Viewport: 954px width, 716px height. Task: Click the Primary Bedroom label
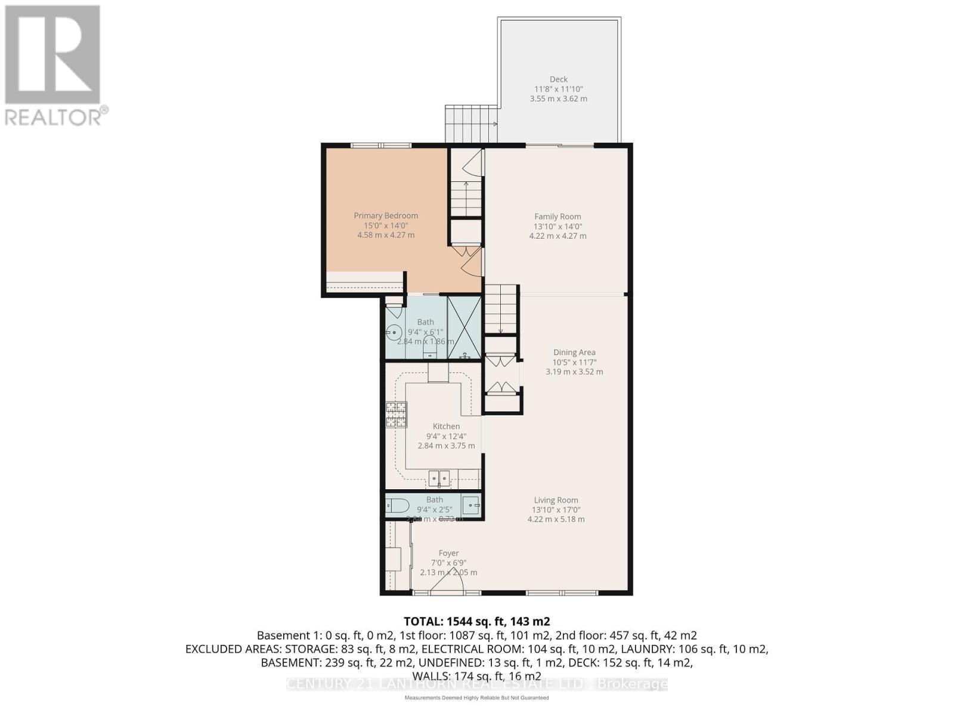click(386, 216)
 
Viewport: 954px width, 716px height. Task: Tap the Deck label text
click(558, 79)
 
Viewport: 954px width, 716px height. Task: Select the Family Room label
click(557, 217)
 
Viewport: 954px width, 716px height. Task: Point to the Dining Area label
click(574, 352)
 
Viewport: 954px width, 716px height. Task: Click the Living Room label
click(556, 500)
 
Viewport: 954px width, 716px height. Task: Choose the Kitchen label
click(446, 426)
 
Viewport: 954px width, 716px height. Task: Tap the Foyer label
click(448, 553)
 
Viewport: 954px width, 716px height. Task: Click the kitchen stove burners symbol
click(397, 415)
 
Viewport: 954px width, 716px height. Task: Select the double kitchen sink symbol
click(439, 478)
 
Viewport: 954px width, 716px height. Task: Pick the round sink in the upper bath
click(394, 332)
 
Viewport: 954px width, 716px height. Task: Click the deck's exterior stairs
click(471, 124)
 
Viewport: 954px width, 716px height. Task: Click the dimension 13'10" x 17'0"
click(556, 510)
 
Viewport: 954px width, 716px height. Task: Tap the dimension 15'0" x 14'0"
click(386, 226)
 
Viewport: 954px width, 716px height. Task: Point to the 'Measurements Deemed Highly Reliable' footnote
click(476, 698)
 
